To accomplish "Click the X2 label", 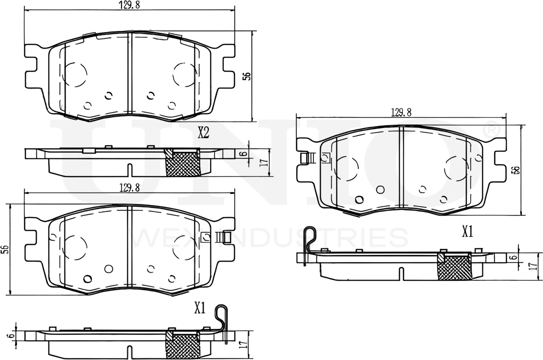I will point(203,132).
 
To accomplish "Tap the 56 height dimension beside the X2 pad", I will point(248,76).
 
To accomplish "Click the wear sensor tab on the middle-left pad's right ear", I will point(225,237).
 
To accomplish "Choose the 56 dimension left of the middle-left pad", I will point(4,249).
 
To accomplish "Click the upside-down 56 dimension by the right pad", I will point(515,170).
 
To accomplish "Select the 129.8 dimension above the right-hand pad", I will point(401,113).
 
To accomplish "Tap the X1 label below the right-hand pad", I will point(468,231).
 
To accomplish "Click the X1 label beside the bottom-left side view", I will point(200,308).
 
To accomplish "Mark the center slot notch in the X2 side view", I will point(129,170).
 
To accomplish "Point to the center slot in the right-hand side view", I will point(401,273).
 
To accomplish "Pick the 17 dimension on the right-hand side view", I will point(533,266).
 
